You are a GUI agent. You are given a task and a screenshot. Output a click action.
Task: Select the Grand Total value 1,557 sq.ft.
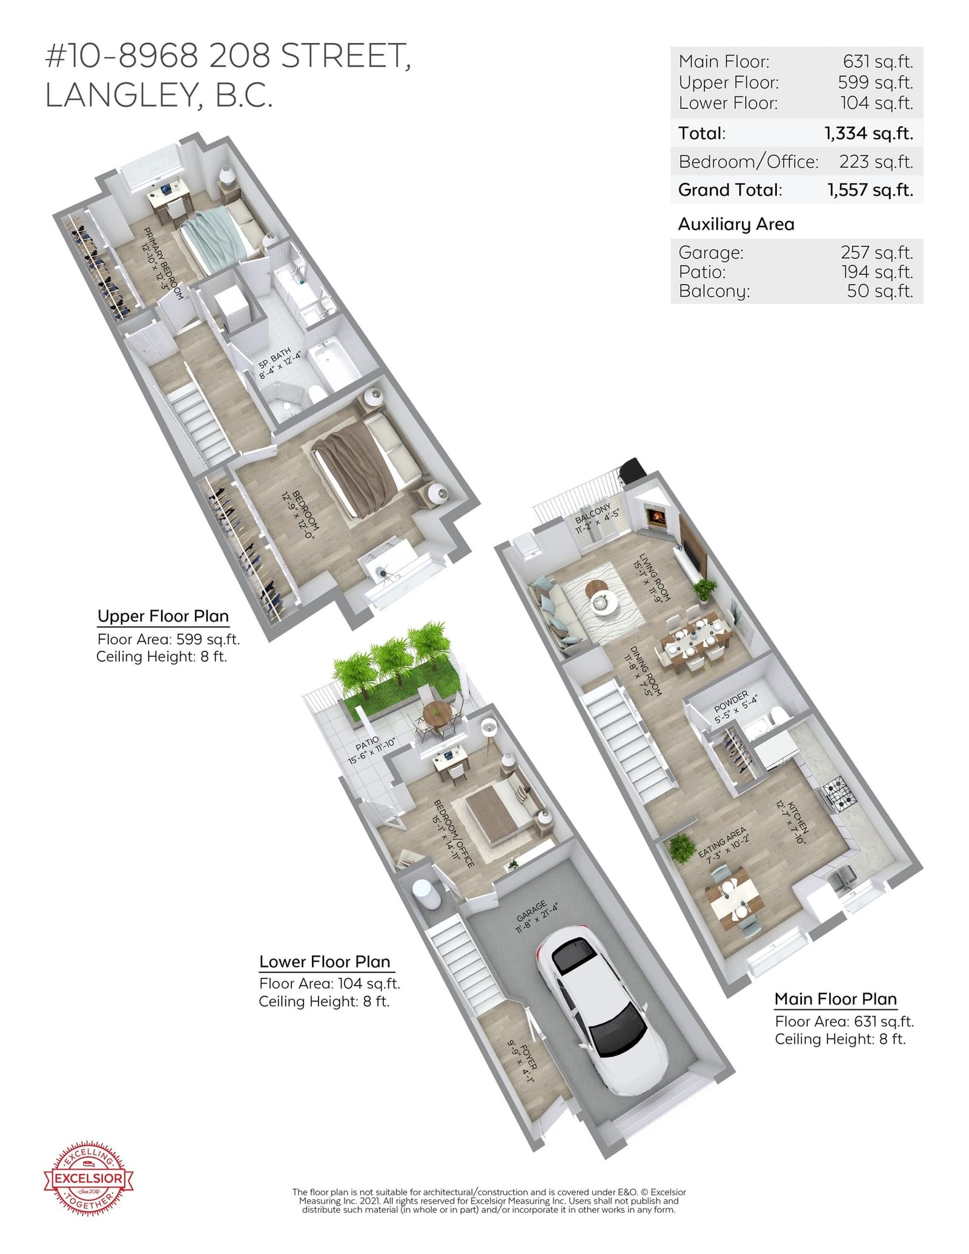[870, 190]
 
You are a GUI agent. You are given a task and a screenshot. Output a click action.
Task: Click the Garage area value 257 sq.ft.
[876, 252]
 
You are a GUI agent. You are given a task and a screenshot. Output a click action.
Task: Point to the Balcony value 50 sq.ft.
[880, 291]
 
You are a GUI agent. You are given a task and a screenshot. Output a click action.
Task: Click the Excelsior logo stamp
[88, 1178]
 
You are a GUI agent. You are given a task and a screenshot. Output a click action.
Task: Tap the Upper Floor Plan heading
[163, 616]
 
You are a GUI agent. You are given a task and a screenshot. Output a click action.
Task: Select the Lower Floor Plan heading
[325, 962]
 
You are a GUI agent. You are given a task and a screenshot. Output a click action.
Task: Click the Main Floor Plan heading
[836, 999]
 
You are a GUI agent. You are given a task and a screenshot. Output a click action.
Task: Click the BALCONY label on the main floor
[592, 513]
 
